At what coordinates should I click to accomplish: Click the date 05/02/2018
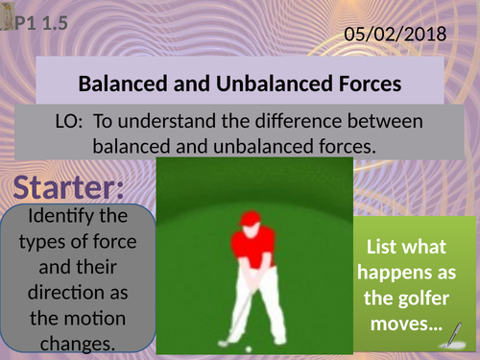point(396,35)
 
